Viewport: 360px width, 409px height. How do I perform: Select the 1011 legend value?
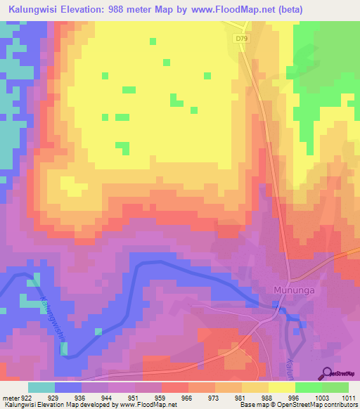349,398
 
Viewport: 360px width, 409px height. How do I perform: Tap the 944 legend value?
108,398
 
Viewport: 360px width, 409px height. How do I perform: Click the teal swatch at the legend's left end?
41,387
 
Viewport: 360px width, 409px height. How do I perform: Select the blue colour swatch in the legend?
67,387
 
